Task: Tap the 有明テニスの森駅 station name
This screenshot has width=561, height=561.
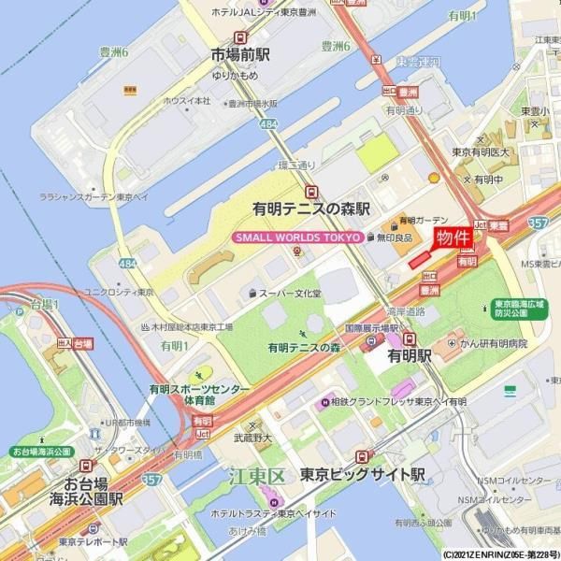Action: pos(311,209)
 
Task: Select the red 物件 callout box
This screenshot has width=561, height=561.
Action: pos(453,237)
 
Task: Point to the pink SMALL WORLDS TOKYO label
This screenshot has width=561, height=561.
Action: pos(297,237)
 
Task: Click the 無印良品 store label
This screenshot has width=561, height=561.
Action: pos(395,238)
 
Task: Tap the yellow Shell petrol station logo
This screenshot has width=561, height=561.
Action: pos(434,177)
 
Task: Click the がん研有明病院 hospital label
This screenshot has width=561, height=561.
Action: pos(493,344)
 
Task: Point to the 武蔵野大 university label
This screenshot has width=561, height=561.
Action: pos(252,437)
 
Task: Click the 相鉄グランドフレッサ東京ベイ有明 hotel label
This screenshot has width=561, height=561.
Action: pos(397,402)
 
